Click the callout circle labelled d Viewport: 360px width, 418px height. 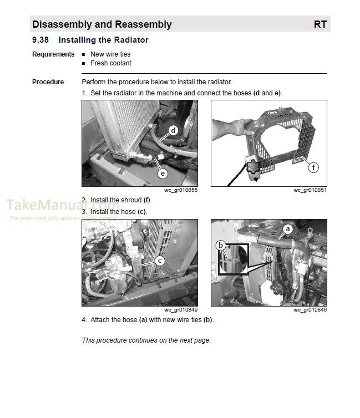[173, 131]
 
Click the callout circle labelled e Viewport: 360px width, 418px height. [163, 174]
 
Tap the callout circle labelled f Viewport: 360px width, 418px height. [314, 167]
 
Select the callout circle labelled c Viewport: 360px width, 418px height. [160, 260]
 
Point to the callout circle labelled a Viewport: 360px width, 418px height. [287, 228]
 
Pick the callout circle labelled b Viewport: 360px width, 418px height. [221, 244]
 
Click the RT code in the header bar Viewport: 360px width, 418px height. [320, 24]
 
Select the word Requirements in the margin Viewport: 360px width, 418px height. [53, 54]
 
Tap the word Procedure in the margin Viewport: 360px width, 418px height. [48, 82]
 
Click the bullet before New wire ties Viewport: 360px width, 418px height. [84, 55]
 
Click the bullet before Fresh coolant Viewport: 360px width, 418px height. [84, 64]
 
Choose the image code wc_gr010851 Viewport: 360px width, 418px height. [310, 191]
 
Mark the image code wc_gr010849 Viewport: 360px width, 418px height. [181, 310]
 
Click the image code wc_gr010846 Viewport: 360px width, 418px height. [310, 310]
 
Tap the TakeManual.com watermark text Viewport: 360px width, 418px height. [61, 206]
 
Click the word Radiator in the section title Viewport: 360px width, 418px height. [131, 40]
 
